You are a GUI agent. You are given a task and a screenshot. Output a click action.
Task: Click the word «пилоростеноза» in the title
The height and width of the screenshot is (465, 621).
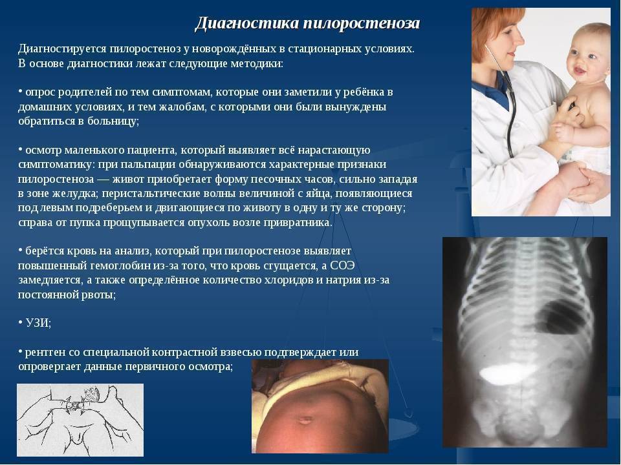[362, 23]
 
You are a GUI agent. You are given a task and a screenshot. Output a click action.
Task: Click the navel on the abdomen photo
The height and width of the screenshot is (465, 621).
[305, 420]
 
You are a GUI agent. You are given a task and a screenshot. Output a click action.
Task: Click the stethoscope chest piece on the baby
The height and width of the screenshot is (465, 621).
[569, 106]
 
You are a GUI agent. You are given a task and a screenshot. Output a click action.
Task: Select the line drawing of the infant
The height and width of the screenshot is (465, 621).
[80, 420]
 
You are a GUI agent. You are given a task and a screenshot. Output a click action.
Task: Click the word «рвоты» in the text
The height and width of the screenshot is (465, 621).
[103, 294]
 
